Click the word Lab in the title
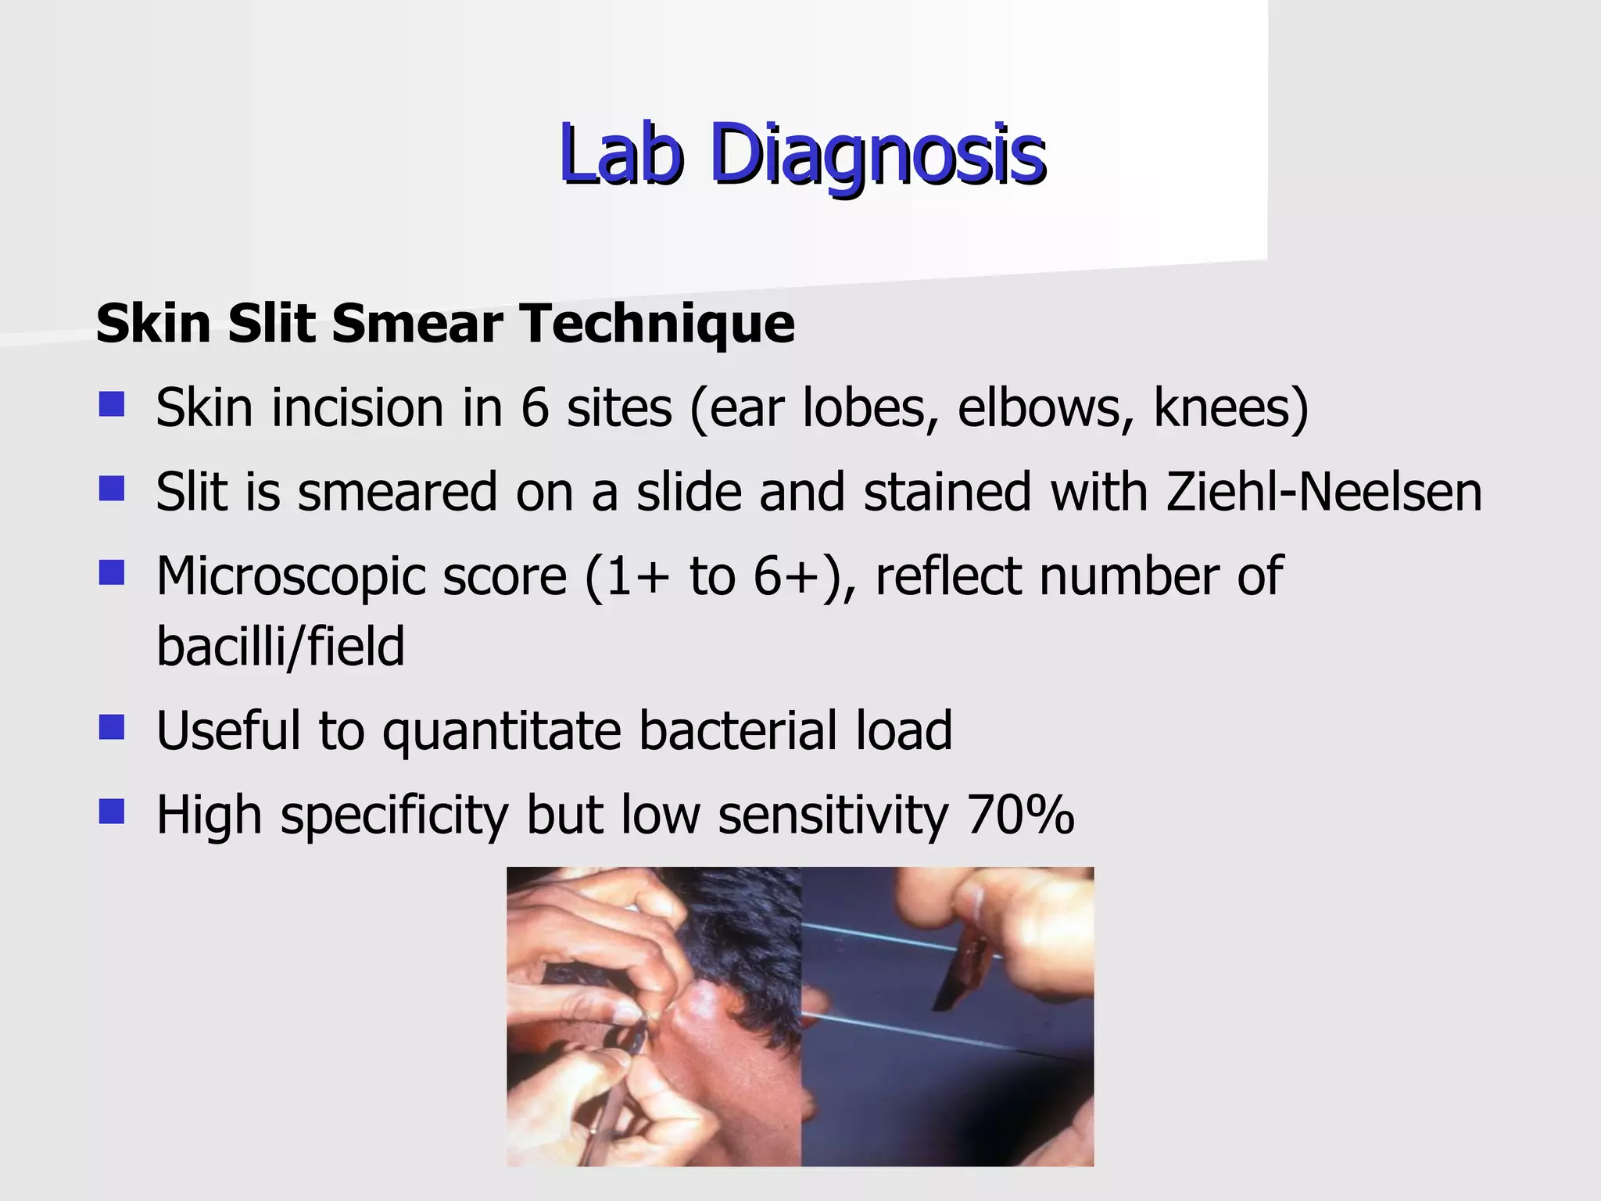click(x=621, y=154)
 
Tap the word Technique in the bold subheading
click(x=657, y=324)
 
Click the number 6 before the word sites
click(x=535, y=408)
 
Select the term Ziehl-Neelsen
click(x=1323, y=493)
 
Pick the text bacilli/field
click(x=281, y=647)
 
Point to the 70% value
click(x=1020, y=816)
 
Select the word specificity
click(x=395, y=816)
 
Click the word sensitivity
click(x=833, y=816)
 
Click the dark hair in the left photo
click(x=743, y=915)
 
